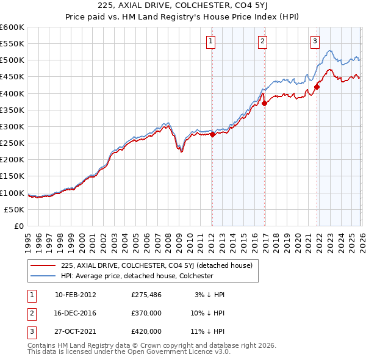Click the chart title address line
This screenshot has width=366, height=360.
pyautogui.click(x=182, y=6)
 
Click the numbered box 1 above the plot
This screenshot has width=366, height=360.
pyautogui.click(x=210, y=41)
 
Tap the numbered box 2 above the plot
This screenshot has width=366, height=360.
pyautogui.click(x=262, y=41)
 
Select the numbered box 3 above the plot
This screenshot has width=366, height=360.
pyautogui.click(x=315, y=41)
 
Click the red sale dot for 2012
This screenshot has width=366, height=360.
pyautogui.click(x=212, y=135)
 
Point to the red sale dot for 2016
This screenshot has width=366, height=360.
pyautogui.click(x=264, y=104)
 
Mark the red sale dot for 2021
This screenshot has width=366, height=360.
pyautogui.click(x=317, y=87)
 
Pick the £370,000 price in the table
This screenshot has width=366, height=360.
pyautogui.click(x=146, y=312)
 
